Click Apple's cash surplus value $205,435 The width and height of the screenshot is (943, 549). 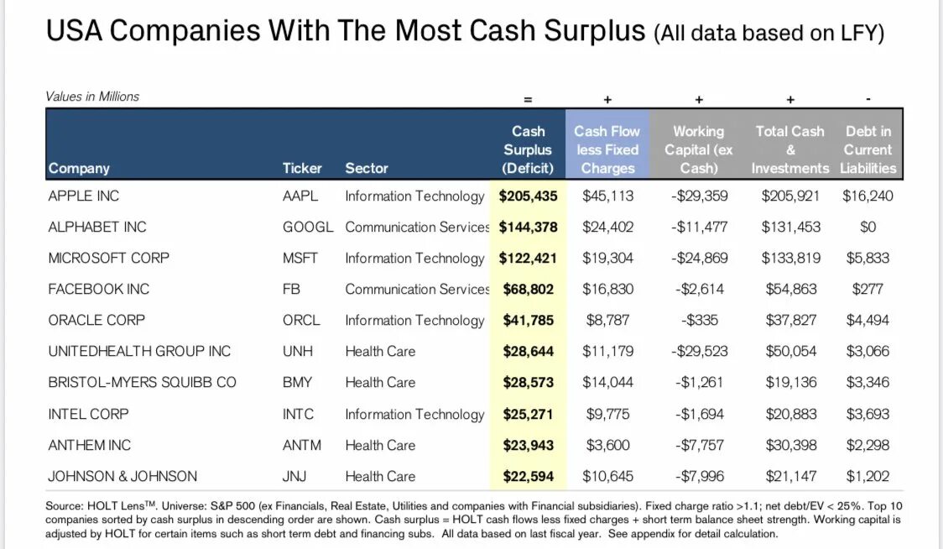click(528, 196)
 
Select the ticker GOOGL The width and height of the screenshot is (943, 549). click(307, 227)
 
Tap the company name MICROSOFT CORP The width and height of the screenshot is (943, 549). click(108, 258)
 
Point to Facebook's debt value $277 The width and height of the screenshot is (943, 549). click(867, 289)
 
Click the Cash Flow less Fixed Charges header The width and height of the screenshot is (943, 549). click(607, 149)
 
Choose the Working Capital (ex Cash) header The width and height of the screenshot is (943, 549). click(698, 149)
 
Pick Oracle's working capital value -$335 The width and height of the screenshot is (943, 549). click(698, 320)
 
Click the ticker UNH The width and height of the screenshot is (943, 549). click(298, 351)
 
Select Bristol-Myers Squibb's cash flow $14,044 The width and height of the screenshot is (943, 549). click(607, 382)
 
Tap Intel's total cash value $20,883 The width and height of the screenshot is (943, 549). click(789, 414)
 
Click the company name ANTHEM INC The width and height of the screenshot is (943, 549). click(90, 445)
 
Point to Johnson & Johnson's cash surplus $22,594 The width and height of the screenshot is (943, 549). click(528, 476)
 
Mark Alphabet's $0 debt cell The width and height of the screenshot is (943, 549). click(867, 227)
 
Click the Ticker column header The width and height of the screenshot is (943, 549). click(302, 168)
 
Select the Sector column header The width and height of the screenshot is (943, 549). click(367, 168)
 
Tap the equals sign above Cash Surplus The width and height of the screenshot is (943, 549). click(528, 99)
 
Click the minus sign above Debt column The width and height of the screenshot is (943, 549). click(867, 99)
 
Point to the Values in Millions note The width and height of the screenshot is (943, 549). click(92, 97)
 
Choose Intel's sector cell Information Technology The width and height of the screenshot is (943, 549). click(414, 414)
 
